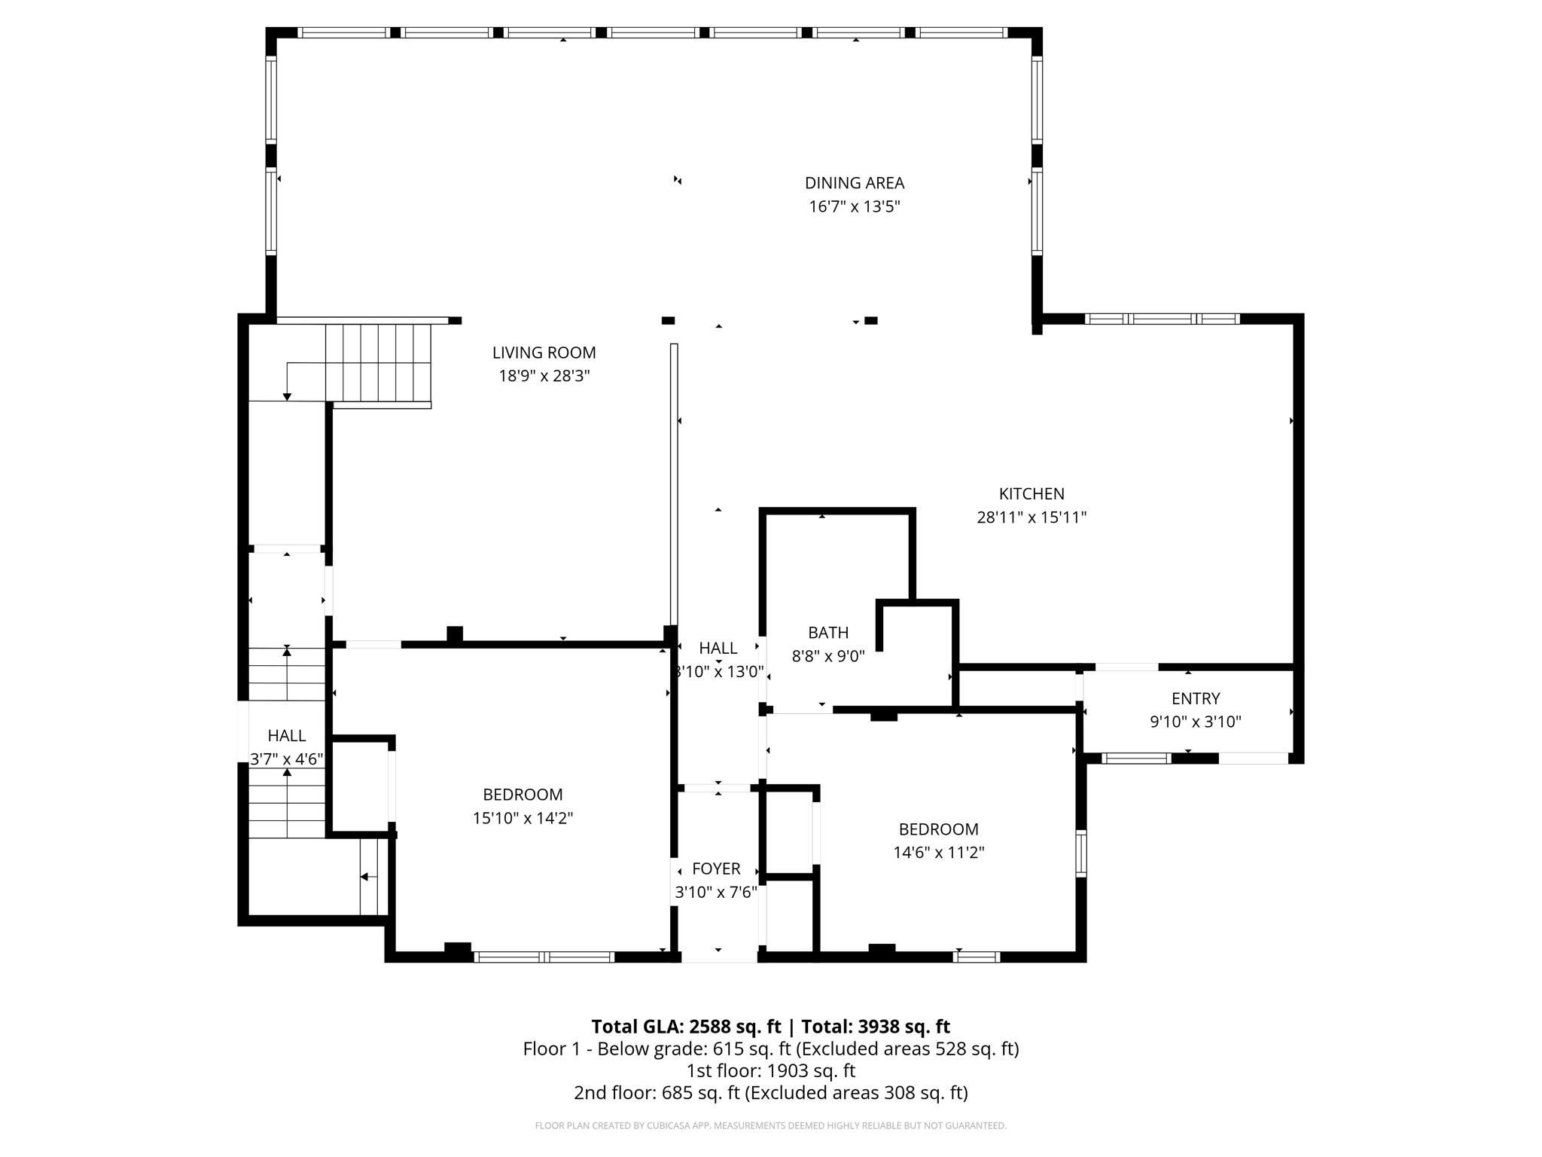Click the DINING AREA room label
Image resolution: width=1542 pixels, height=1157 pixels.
pos(854,183)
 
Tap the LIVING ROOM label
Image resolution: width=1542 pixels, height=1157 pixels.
pos(544,353)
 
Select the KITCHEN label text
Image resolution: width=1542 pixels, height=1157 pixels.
pos(1031,494)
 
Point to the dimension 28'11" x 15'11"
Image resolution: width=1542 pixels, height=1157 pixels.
pos(1031,517)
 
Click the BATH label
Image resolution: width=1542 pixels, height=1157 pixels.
pos(827,633)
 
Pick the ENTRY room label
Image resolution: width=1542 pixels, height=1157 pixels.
pos(1195,698)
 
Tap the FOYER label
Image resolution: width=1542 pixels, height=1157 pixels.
pos(715,869)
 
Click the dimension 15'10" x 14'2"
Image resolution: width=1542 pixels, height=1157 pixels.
pos(523,818)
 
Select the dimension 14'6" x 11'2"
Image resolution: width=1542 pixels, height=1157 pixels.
pos(938,853)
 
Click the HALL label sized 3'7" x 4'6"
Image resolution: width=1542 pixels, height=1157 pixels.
pos(286,736)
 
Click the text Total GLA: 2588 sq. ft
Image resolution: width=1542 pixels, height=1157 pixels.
pos(686,1027)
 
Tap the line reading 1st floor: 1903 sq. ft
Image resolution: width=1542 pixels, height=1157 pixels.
pos(770,1070)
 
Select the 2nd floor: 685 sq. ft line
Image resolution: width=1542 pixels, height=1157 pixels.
pos(770,1092)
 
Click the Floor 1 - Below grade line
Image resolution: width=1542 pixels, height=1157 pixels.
pos(770,1049)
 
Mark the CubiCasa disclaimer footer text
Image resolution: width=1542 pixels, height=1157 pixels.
pos(770,1126)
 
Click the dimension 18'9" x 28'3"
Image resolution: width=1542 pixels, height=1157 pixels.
pos(544,376)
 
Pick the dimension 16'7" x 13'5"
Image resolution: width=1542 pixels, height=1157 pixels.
pos(854,206)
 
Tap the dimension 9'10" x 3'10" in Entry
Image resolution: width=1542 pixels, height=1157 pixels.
pos(1195,722)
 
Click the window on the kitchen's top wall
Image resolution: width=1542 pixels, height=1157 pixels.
pos(1162,319)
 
